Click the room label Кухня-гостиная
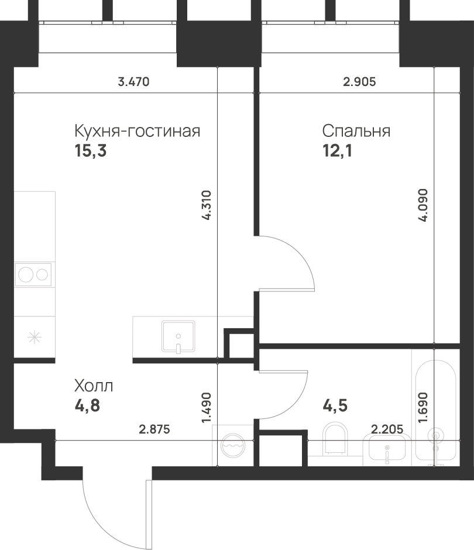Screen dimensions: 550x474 tap(137, 131)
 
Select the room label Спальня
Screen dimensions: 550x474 tap(356, 131)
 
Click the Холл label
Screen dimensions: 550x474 tap(94, 386)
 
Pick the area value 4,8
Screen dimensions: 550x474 tap(87, 405)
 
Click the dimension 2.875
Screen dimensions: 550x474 tap(154, 430)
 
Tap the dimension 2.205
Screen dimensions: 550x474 tap(387, 430)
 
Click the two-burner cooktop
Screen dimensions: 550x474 tap(33, 274)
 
